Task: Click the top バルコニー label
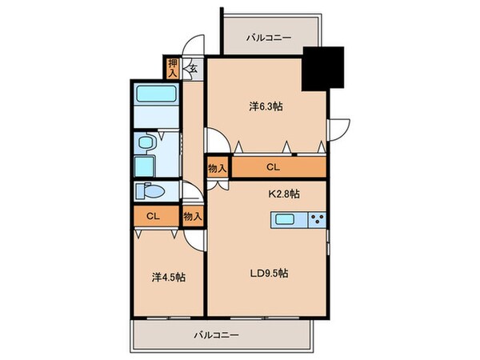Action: (x=269, y=37)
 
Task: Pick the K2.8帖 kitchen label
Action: (x=284, y=193)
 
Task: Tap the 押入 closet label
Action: (x=173, y=69)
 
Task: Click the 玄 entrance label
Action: (x=193, y=69)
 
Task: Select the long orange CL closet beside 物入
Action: (x=273, y=167)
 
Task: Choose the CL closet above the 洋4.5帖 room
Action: (x=152, y=215)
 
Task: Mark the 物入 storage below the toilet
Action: (x=191, y=215)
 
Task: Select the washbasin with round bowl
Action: (x=145, y=143)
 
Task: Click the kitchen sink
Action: (x=286, y=220)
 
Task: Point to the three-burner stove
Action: (x=315, y=220)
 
